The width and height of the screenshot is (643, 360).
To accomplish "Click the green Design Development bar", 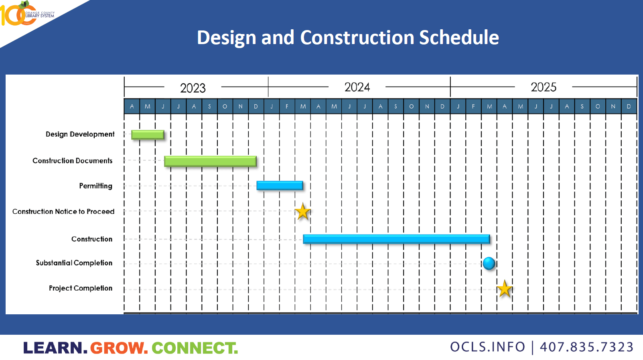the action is [x=148, y=135].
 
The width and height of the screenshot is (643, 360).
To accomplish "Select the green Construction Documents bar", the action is [x=211, y=161].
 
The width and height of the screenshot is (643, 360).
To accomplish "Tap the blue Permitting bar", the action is [x=280, y=186].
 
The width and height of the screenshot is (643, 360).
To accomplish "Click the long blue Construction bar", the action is [x=396, y=239].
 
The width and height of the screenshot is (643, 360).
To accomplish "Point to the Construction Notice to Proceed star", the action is [x=303, y=212].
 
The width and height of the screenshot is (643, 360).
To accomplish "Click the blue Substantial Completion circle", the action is [x=489, y=263].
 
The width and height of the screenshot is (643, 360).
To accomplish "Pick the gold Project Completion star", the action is [x=504, y=289].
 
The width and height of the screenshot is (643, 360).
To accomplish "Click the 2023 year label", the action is [x=193, y=88].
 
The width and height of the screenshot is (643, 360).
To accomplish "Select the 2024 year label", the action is [x=357, y=87].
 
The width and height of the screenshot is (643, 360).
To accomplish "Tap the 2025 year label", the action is [x=544, y=87].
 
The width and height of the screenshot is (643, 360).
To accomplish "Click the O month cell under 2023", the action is [x=225, y=106].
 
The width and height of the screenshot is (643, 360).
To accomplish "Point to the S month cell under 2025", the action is [x=582, y=106].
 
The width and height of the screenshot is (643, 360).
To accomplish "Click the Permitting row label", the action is [x=95, y=186].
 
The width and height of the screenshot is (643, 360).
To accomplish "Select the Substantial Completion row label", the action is [x=74, y=263].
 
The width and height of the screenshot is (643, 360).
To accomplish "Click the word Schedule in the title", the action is [x=459, y=38].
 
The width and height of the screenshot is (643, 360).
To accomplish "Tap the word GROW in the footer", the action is [x=119, y=348].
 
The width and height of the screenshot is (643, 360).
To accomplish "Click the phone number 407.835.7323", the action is [x=586, y=347].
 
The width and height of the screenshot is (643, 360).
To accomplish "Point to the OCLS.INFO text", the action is [x=487, y=347].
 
